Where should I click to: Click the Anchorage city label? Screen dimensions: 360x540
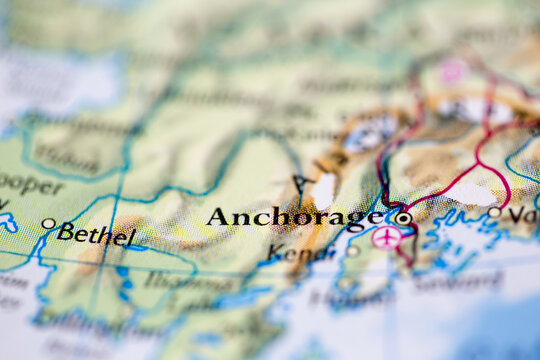pos(294,217)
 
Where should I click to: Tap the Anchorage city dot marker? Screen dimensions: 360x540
pos(403,217)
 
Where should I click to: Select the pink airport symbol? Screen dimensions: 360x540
pos(385,237)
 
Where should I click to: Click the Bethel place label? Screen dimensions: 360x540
pos(96,235)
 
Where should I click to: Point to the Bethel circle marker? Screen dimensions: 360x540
pos(49,224)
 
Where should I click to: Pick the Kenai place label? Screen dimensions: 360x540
pos(303,254)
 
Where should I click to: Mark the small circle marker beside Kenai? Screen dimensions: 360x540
pos(352,251)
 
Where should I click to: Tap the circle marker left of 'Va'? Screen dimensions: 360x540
pos(494,212)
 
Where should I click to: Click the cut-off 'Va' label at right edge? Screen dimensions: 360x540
pos(521,214)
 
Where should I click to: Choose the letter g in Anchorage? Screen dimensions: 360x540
pos(352,220)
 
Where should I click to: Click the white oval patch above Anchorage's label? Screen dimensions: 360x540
pos(324,190)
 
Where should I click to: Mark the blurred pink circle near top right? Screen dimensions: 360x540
pos(453,70)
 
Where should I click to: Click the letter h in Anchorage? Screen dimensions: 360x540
pos(280,215)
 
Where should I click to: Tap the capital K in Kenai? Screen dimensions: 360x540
pos(278,253)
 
